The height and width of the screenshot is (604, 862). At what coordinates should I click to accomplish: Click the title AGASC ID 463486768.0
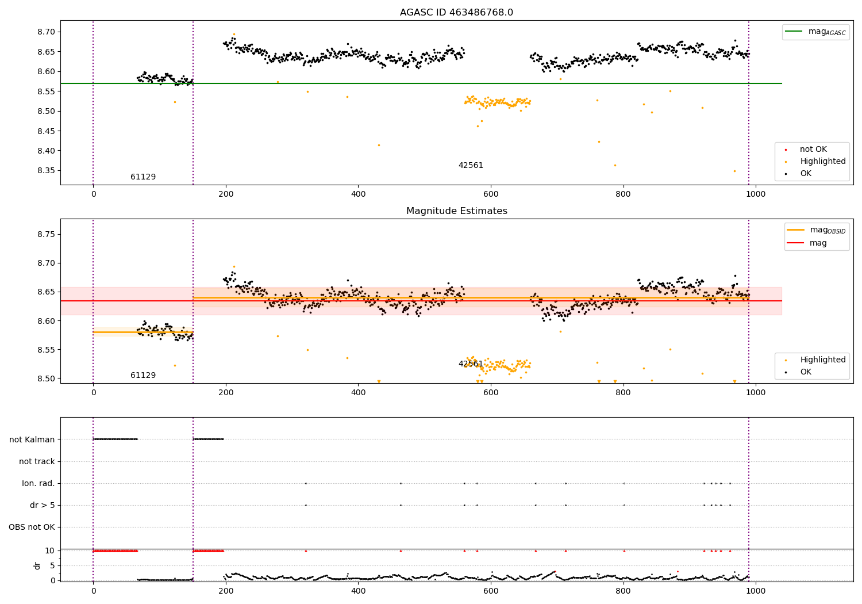coord(456,12)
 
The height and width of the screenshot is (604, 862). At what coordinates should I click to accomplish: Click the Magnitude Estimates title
coord(456,211)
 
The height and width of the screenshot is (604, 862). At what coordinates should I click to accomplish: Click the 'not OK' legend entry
coord(813,150)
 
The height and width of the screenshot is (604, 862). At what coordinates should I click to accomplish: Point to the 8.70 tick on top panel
coord(47,32)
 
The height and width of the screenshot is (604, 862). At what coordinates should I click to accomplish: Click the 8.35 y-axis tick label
coord(47,170)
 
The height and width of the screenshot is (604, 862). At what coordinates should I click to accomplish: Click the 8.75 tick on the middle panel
coord(47,234)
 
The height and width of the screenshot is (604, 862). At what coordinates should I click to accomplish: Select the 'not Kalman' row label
coord(32,439)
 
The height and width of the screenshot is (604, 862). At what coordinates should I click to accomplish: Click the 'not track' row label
coord(37,461)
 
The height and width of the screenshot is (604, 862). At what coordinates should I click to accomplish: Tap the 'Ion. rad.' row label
coord(39,483)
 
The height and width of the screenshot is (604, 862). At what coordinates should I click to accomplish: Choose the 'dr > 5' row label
coord(42,505)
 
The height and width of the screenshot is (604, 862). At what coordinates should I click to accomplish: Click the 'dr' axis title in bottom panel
coord(37,565)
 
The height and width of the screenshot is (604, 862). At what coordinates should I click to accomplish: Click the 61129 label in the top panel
coord(143,177)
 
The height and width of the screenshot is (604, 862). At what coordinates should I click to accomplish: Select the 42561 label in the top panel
coord(471,165)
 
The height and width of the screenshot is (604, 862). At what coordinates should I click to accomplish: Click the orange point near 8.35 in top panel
coord(734,171)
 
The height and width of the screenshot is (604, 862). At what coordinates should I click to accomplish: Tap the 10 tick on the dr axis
coord(49,551)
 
